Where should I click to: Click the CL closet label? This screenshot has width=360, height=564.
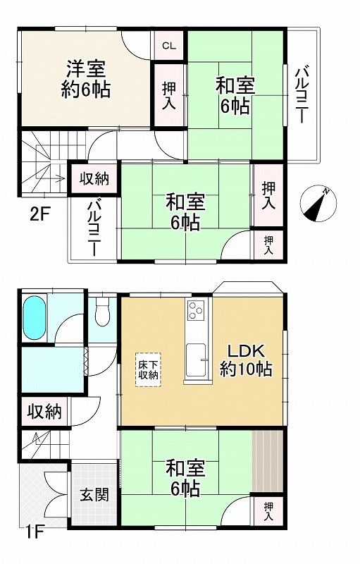coord(168,46)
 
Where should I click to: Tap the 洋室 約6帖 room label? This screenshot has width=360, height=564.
coord(86,79)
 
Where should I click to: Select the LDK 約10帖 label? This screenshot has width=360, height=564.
coord(246,360)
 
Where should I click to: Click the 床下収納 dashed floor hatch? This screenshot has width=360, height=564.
coord(149,369)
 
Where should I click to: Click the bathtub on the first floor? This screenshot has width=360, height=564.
coord(34,317)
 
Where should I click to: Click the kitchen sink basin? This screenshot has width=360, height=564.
coord(196,360)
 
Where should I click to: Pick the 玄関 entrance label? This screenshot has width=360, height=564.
coord(94,495)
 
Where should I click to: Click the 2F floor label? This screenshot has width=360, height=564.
coord(39,215)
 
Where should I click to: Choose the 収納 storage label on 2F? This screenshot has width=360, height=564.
coord(94,178)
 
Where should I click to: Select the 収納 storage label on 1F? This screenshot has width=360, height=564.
coord(45,412)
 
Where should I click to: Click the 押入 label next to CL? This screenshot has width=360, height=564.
coord(169,96)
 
